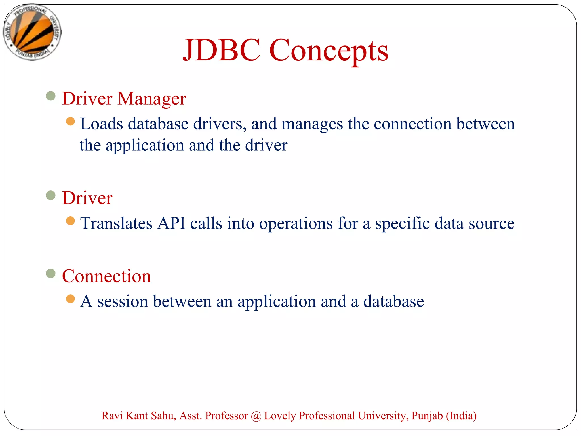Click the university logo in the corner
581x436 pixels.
coord(32,32)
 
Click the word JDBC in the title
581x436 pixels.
coord(222,50)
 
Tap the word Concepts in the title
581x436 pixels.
coord(329,51)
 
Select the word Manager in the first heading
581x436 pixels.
coord(152,99)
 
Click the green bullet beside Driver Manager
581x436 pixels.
coord(51,96)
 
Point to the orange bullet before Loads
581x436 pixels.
coord(70,121)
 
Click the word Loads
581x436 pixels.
coord(102,124)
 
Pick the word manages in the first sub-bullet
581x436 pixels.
coord(312,125)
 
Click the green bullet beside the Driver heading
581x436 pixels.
coord(51,195)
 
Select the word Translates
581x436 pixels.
coord(116,223)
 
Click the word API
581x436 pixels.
coord(171,223)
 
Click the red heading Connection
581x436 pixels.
coord(106,276)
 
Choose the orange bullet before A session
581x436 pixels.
coord(70,299)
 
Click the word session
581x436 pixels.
coord(123,301)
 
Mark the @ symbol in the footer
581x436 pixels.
coord(256,416)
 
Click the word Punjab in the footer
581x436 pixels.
coord(427,416)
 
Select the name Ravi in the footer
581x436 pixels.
coord(112,416)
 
